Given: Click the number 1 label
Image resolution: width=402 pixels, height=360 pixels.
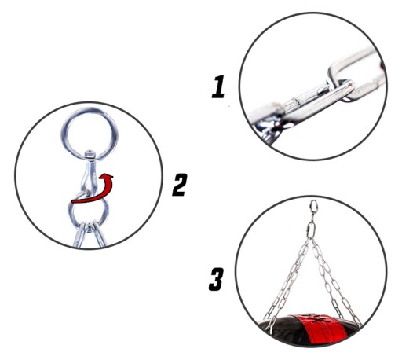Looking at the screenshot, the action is tap(218, 86).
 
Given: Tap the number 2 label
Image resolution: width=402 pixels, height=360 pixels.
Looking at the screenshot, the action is tap(180, 185).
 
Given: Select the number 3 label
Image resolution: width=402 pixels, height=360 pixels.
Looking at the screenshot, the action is tap(217, 279).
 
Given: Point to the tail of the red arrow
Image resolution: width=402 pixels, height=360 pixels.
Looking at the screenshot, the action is tap(72, 201).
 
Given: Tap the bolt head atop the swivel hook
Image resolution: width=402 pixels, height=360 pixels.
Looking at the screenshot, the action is tap(90, 154).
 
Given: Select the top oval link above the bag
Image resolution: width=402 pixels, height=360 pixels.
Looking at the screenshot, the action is tap(313, 207).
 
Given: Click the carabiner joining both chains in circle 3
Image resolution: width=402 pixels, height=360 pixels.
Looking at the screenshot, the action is tap(311, 230).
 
